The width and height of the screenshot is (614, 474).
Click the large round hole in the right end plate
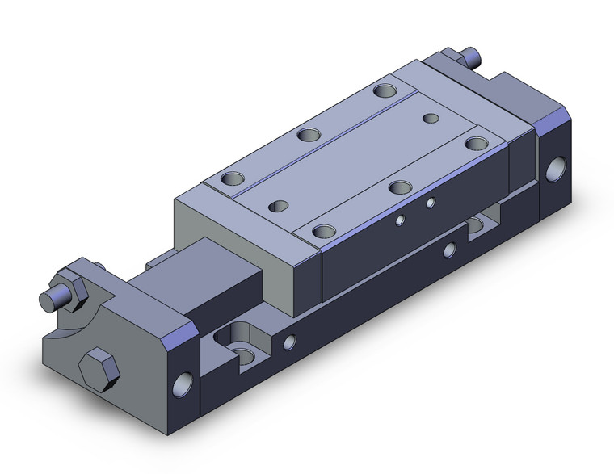tap(557, 170)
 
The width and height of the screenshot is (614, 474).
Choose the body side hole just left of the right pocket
tap(448, 251)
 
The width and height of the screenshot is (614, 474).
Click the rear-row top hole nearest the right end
tap(383, 90)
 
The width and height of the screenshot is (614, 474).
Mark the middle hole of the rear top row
tap(306, 134)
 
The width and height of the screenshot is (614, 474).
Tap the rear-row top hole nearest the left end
tap(233, 177)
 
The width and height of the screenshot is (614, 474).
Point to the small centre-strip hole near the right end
tap(431, 119)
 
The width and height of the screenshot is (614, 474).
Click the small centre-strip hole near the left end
tap(279, 206)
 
